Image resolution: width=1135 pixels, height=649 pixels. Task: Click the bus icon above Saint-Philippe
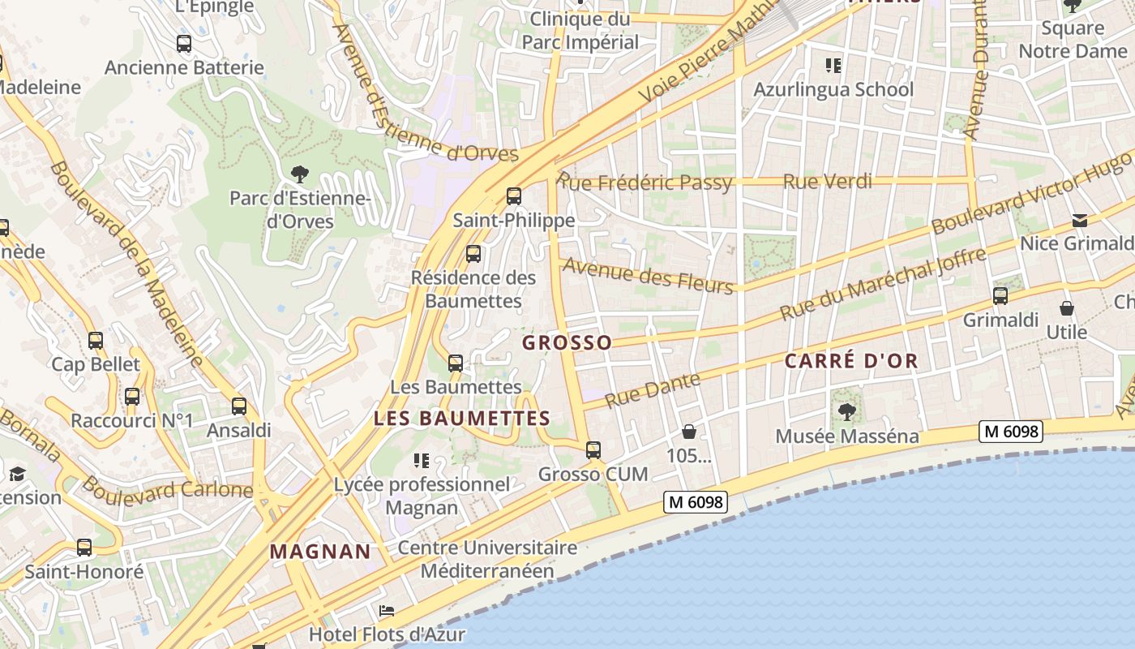tap(513, 196)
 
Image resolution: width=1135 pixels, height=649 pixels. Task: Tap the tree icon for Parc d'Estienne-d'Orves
tap(299, 173)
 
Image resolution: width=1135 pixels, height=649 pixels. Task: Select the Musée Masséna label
tap(847, 436)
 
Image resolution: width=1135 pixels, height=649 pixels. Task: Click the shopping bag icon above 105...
tap(688, 432)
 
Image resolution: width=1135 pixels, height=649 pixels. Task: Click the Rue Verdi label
tap(827, 182)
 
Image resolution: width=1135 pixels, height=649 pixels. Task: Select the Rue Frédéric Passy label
tap(645, 183)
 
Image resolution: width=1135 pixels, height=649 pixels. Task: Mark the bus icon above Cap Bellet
tap(96, 341)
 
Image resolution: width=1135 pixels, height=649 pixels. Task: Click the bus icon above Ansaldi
tap(239, 406)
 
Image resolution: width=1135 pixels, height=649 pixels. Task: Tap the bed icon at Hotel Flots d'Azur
tap(387, 611)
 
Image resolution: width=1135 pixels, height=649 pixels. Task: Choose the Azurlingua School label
tap(833, 89)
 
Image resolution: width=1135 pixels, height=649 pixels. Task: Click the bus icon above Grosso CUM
tap(593, 450)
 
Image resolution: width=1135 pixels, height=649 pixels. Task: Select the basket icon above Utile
tap(1067, 309)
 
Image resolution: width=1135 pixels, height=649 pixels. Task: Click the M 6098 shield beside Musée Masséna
tap(1010, 432)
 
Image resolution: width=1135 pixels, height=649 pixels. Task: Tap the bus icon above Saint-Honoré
tap(84, 548)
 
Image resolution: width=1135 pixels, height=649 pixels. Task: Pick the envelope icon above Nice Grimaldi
tap(1080, 221)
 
